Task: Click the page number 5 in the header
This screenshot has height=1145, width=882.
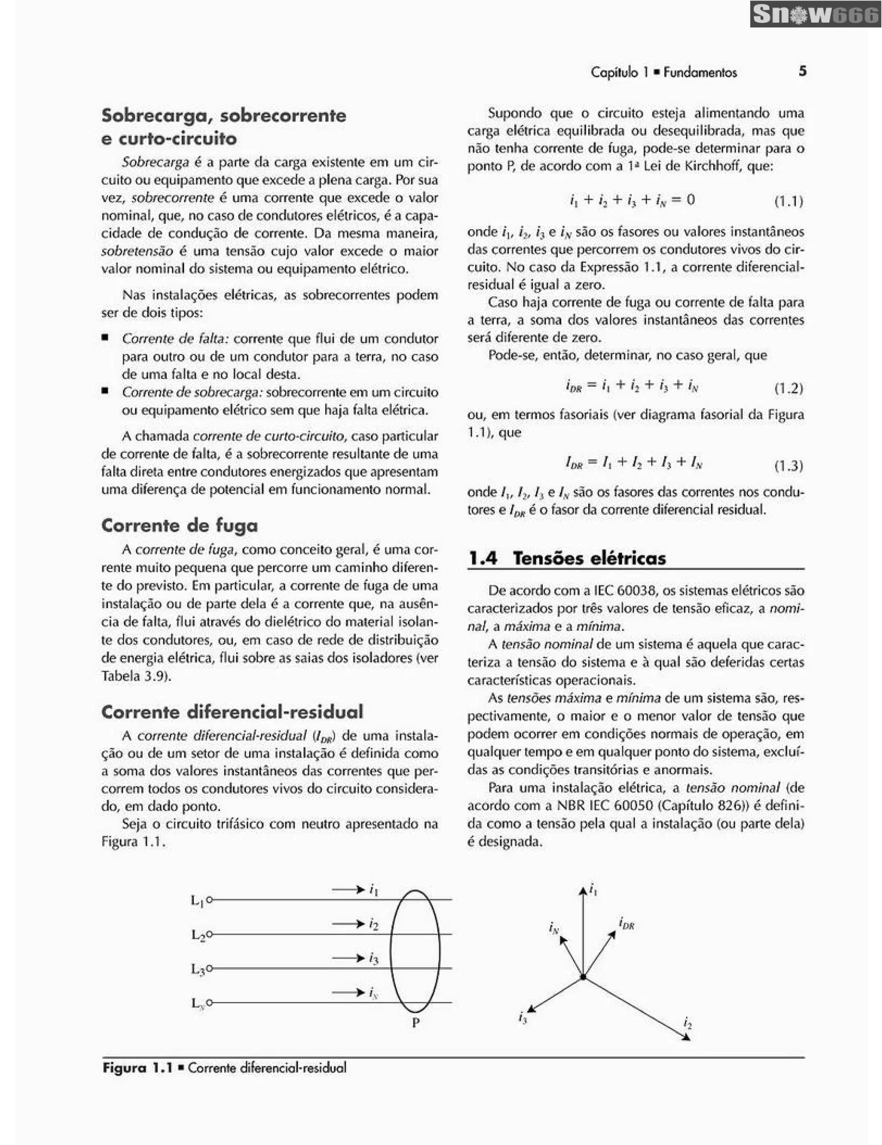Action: (x=802, y=71)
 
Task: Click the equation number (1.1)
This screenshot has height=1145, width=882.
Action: (x=789, y=201)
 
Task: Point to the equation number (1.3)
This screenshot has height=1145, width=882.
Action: (x=789, y=466)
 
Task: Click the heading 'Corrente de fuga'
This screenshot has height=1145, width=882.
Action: (x=179, y=525)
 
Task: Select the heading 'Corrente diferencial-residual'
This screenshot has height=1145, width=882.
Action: (x=232, y=712)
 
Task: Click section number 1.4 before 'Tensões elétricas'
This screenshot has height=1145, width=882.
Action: (x=482, y=558)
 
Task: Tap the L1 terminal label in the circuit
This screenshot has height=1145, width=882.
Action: (x=197, y=901)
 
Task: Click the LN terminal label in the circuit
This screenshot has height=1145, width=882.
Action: (x=197, y=1003)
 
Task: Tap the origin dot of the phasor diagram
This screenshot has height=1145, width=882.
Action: (x=583, y=977)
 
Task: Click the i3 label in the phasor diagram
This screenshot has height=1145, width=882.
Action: (x=522, y=1018)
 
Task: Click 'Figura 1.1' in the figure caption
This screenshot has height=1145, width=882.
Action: (x=137, y=1068)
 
